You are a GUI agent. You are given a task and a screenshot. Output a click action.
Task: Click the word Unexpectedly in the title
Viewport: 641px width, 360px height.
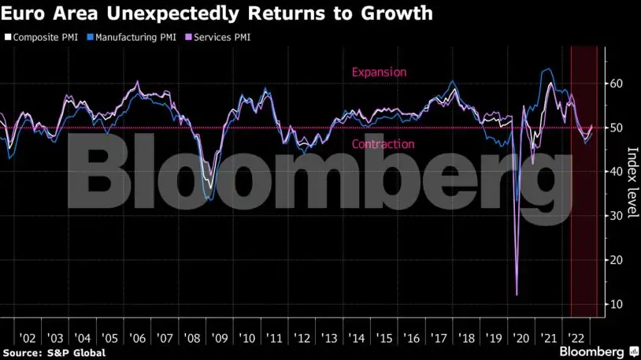click(x=153, y=13)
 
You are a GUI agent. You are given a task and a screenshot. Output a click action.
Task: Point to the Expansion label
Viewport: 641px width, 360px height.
click(x=379, y=72)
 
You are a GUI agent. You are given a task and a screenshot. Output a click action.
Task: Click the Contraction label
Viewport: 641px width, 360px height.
click(x=383, y=144)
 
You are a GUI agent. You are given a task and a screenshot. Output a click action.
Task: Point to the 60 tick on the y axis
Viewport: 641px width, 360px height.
click(x=618, y=84)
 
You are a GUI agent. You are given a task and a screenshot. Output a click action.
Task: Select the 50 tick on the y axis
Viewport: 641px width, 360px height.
click(x=618, y=128)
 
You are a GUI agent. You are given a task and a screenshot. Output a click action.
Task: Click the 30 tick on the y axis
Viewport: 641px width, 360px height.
click(x=618, y=216)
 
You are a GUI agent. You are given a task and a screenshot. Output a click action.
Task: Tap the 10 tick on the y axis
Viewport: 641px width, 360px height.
click(x=618, y=304)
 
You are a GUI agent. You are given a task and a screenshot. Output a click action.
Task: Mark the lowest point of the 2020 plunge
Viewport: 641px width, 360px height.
click(x=517, y=295)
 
